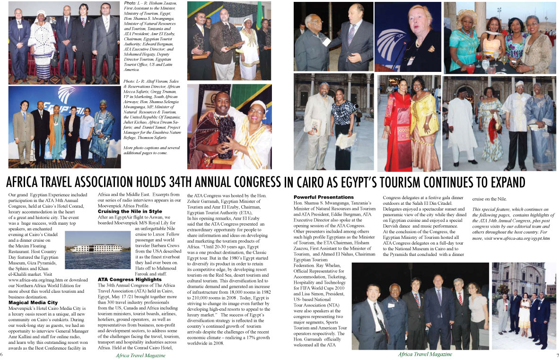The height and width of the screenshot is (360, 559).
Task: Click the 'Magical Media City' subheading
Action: pyautogui.click(x=33, y=302)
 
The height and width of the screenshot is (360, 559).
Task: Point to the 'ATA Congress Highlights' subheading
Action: pyautogui.click(x=129, y=280)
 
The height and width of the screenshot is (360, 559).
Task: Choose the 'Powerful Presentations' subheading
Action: pyautogui.click(x=323, y=197)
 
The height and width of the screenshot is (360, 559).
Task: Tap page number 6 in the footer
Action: pyautogui.click(x=2, y=353)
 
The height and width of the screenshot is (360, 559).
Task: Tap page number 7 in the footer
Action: pyautogui.click(x=557, y=354)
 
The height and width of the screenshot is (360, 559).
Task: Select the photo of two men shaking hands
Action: pyautogui.click(x=333, y=37)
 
